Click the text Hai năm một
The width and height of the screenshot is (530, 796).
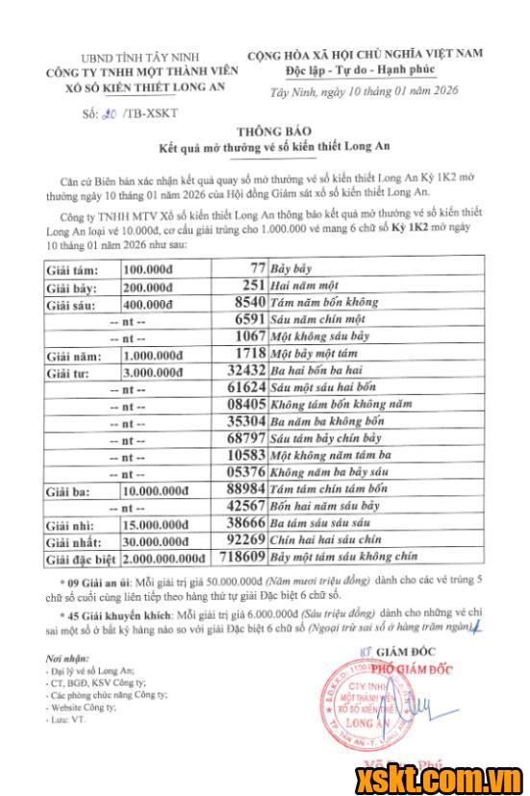coord(303,287)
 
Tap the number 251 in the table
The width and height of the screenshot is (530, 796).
coord(253,287)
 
